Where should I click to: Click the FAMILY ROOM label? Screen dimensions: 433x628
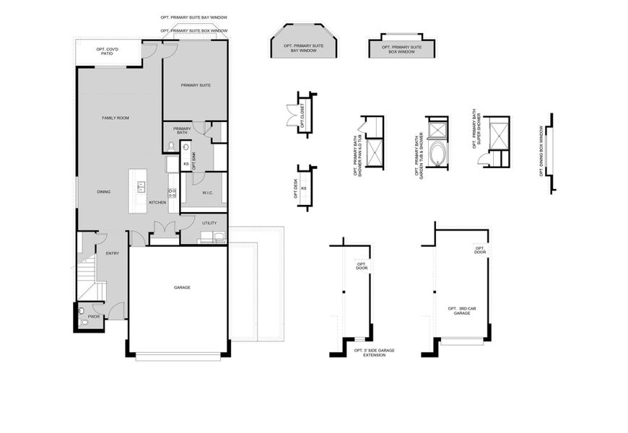tap(115, 118)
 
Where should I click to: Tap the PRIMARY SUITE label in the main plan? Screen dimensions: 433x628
tap(196, 85)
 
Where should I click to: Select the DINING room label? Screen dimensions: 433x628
tap(104, 192)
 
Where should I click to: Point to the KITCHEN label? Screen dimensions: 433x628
tap(157, 203)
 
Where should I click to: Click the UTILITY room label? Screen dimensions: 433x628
tap(209, 224)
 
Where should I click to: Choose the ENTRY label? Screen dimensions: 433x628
tap(113, 253)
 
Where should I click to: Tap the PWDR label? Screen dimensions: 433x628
tap(94, 316)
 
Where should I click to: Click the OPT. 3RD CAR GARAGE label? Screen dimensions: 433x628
tap(462, 311)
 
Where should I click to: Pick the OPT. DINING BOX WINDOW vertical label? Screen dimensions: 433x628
tap(542, 152)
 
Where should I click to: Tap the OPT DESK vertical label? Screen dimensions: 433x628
tap(296, 189)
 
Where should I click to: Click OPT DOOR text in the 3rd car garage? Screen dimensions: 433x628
tap(480, 250)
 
